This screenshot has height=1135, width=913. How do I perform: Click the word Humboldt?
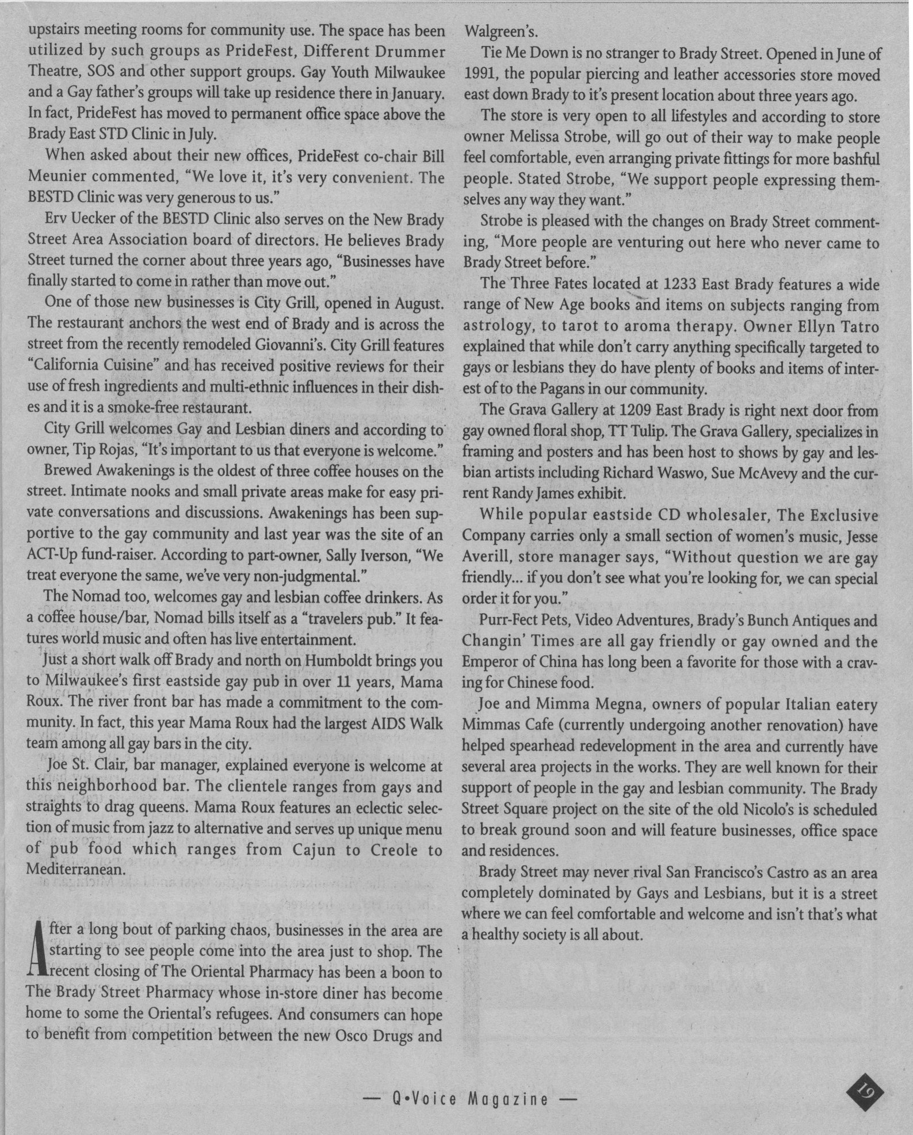[x=341, y=662]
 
